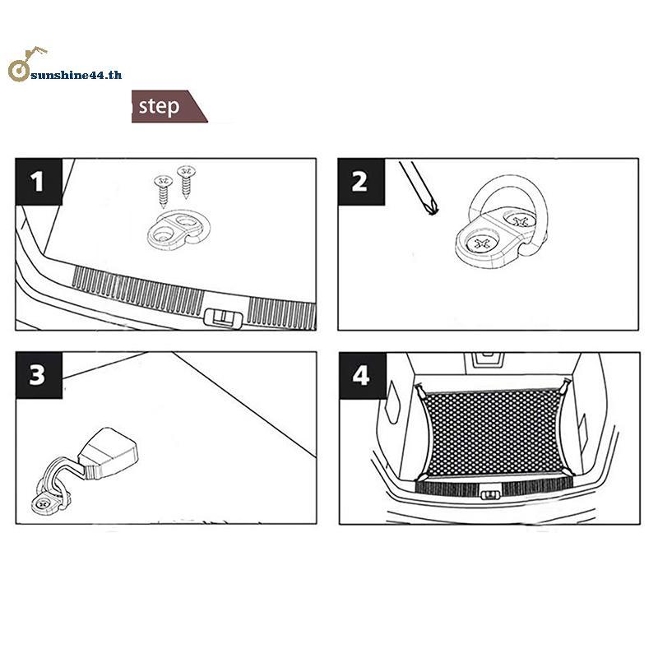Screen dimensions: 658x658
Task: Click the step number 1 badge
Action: point(39,182)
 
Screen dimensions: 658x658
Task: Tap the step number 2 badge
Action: point(361,182)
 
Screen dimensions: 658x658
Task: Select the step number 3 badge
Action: point(39,375)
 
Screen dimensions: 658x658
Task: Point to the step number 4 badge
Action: point(363,376)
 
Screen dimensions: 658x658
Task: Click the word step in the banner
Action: point(159,107)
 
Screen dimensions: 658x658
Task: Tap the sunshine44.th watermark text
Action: point(76,75)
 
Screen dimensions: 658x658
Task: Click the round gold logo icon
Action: point(19,70)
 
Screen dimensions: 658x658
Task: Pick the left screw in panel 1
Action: point(163,192)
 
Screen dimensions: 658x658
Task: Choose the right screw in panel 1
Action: point(186,181)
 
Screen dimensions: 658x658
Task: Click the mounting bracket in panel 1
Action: point(178,230)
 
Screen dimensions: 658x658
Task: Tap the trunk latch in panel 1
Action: point(223,317)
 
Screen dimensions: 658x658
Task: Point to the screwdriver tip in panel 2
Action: point(432,209)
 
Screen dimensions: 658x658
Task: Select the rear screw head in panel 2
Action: point(521,220)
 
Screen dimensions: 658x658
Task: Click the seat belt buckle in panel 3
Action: point(108,453)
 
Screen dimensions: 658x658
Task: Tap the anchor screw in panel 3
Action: point(42,503)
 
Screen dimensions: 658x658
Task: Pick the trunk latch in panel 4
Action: point(490,495)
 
